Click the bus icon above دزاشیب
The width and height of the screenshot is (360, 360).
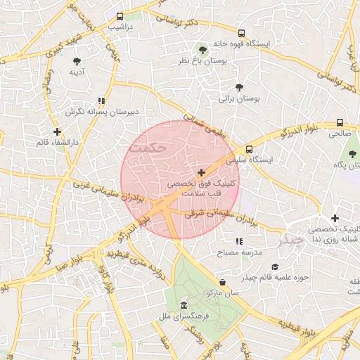click(x=120, y=15)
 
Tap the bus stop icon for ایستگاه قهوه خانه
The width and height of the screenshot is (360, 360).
click(x=242, y=33)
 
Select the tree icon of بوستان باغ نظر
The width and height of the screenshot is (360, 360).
click(x=203, y=50)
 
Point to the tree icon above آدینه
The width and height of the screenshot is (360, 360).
click(x=76, y=60)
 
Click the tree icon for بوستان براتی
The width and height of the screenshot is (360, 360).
click(x=239, y=87)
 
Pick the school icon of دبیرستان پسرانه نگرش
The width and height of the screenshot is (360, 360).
click(x=101, y=101)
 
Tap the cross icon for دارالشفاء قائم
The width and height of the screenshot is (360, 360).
click(x=57, y=131)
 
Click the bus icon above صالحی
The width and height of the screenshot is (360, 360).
click(x=340, y=122)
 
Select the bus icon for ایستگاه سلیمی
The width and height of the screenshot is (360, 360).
click(x=249, y=148)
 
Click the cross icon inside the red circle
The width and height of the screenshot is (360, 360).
click(x=202, y=172)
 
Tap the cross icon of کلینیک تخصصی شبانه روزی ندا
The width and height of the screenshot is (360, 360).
click(x=335, y=218)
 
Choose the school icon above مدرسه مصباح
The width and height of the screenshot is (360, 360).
click(x=239, y=241)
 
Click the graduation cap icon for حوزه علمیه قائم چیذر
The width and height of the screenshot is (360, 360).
click(x=275, y=266)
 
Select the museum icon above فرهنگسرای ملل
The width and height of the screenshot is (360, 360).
click(x=184, y=305)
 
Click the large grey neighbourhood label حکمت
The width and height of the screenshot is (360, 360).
click(x=153, y=148)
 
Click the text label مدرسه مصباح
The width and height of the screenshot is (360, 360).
click(x=239, y=252)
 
